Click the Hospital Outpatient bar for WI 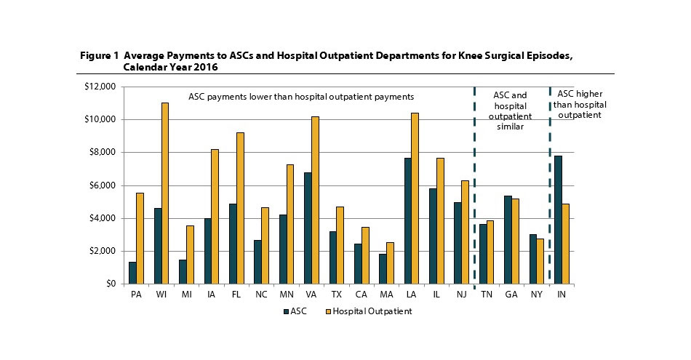(x=164, y=193)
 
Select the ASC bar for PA (x=132, y=273)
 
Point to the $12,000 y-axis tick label (x=100, y=87)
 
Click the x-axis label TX (x=336, y=295)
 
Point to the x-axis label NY (x=536, y=295)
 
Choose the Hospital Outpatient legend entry (x=370, y=311)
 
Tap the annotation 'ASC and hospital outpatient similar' (x=511, y=111)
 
